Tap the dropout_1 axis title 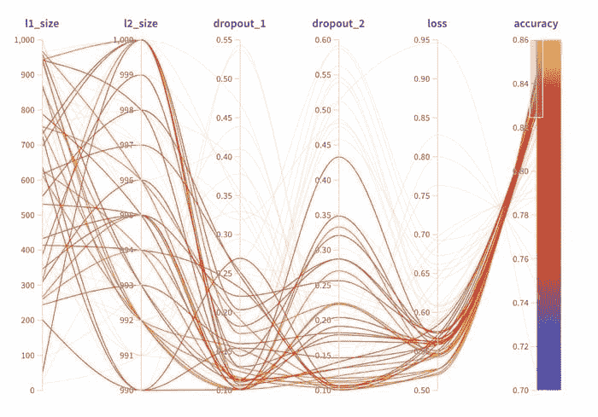point(239,24)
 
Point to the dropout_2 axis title point(339,24)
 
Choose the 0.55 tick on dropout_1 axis point(223,40)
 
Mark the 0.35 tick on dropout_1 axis point(223,196)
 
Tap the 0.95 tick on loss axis point(422,40)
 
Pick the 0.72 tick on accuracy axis point(521,346)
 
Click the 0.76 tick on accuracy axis point(521,259)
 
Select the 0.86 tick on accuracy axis point(521,40)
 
